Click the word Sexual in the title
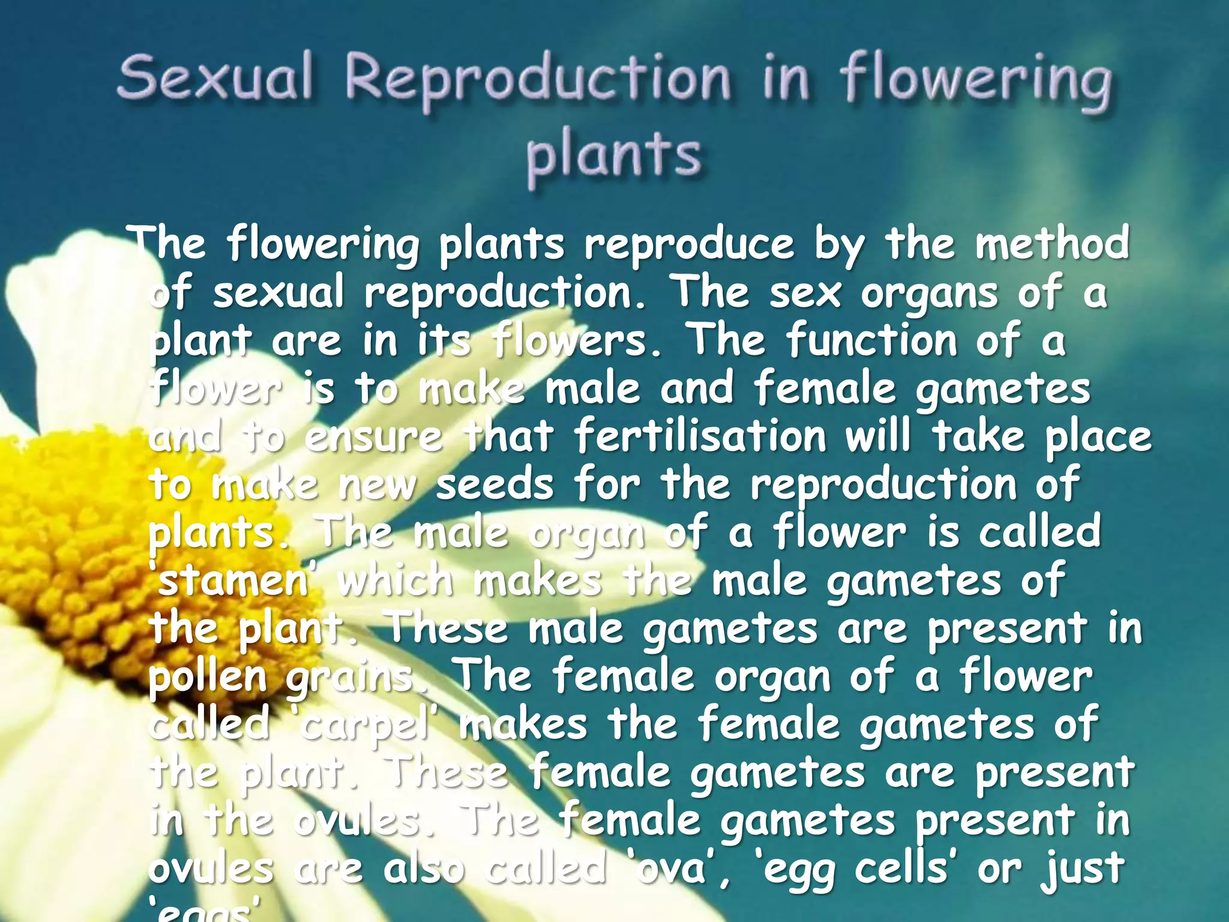pos(215,77)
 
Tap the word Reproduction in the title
pos(538,81)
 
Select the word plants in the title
pos(613,155)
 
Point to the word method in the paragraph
pos(1051,243)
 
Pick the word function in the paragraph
pos(871,340)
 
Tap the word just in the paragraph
pos(1082,869)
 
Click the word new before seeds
pos(376,485)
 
